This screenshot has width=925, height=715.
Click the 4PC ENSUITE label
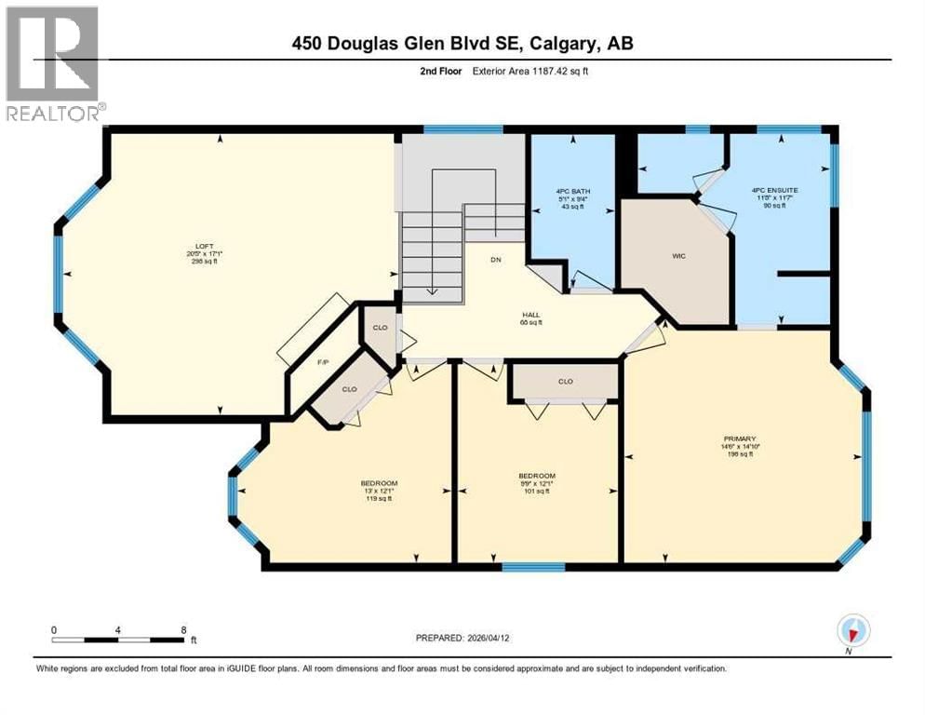coord(775,191)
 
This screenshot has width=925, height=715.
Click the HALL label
coord(531,315)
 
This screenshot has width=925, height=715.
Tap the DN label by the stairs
coord(496,260)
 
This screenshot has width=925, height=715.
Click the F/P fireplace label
coord(325,362)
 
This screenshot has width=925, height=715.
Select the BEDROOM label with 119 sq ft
coord(379,483)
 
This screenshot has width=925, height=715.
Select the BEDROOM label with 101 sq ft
coord(538,476)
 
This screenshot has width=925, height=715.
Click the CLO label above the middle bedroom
coord(565,382)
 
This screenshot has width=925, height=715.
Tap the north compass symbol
coord(851,631)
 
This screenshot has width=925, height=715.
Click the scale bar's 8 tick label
coord(183,629)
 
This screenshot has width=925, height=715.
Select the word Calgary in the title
coord(572,44)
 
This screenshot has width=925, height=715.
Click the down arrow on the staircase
coord(432,290)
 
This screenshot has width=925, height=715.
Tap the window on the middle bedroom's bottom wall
coord(533,566)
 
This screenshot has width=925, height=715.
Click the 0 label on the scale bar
coord(55,629)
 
